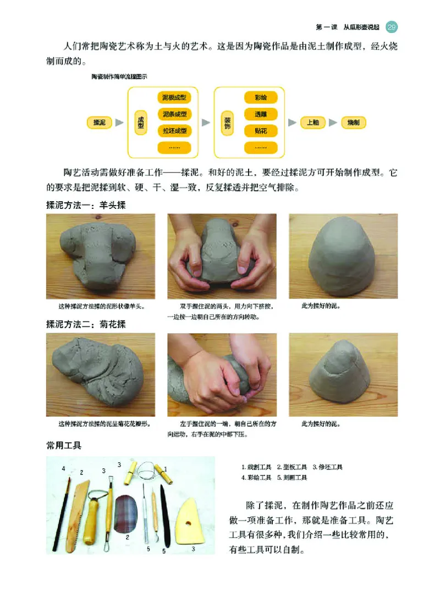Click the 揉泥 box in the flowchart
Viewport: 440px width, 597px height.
pyautogui.click(x=100, y=123)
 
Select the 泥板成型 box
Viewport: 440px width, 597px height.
pyautogui.click(x=174, y=98)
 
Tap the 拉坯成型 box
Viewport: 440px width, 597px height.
pyautogui.click(x=174, y=131)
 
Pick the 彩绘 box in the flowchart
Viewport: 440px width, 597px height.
pyautogui.click(x=261, y=98)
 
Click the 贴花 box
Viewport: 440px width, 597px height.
pyautogui.click(x=261, y=131)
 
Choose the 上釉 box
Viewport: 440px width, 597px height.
pyautogui.click(x=312, y=123)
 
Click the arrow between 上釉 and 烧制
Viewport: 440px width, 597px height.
pyautogui.click(x=333, y=123)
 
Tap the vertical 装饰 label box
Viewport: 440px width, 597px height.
pyautogui.click(x=228, y=122)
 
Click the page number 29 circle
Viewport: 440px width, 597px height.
pyautogui.click(x=392, y=26)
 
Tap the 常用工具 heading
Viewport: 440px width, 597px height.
pyautogui.click(x=64, y=446)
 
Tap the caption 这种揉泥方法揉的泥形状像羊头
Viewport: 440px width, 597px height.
pyautogui.click(x=105, y=306)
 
